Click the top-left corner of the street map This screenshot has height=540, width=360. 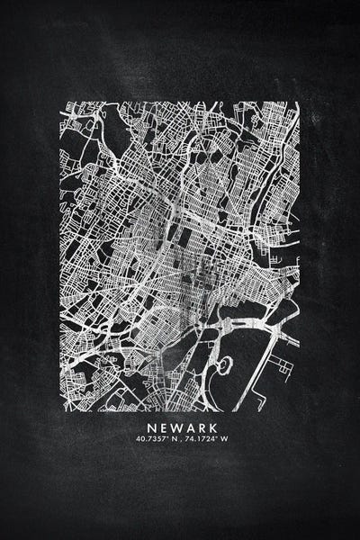[x=61, y=103]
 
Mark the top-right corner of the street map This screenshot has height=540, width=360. [x=299, y=103]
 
